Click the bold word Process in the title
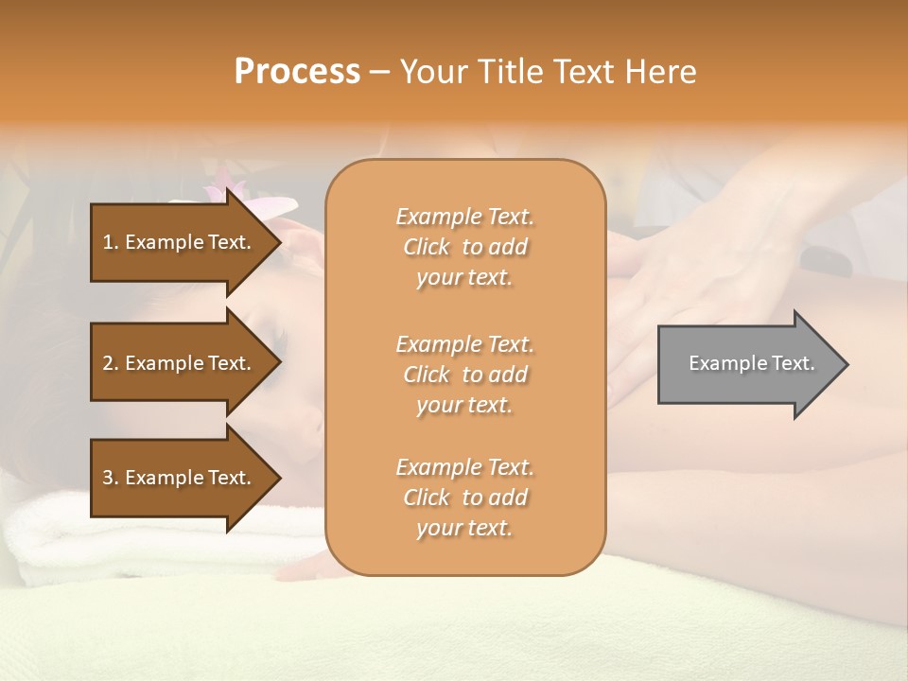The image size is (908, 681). [x=297, y=72]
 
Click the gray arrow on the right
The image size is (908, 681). [x=747, y=364]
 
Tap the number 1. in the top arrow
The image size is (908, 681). [x=111, y=242]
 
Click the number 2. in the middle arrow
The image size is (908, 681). [x=111, y=363]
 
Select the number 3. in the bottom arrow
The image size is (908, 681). [x=111, y=478]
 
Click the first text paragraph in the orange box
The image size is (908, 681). [x=464, y=247]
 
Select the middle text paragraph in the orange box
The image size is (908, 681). [x=464, y=375]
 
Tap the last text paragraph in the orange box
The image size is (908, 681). [x=464, y=498]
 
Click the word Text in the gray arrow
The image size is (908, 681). [x=793, y=363]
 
